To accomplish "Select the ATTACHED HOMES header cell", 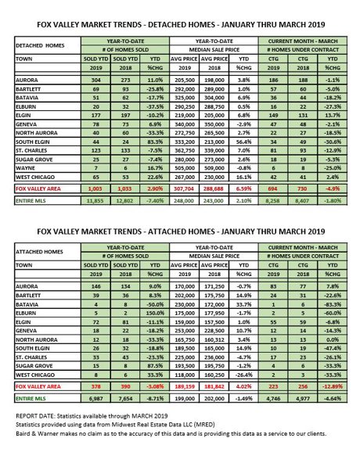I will click(40, 264).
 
